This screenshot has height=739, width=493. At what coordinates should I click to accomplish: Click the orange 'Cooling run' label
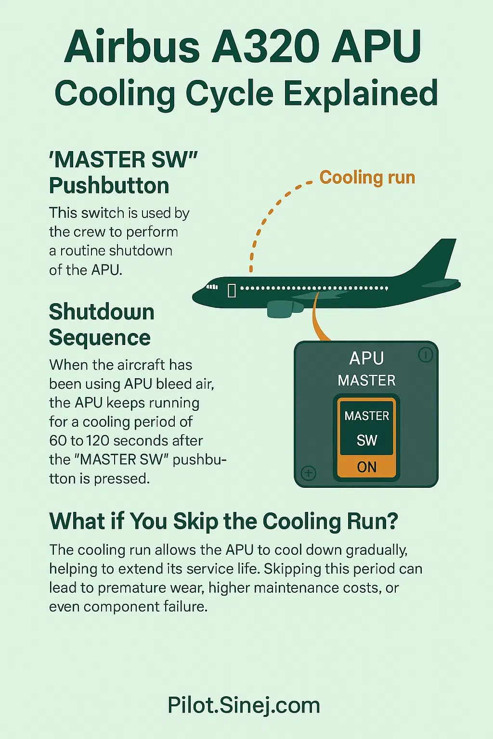pyautogui.click(x=367, y=178)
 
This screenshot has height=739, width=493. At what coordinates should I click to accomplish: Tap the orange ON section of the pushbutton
pyautogui.click(x=367, y=467)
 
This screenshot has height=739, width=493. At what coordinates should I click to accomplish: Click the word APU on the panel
pyautogui.click(x=366, y=358)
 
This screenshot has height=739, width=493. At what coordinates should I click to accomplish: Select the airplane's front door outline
pyautogui.click(x=232, y=290)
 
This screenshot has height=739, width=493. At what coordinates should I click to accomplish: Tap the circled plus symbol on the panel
pyautogui.click(x=309, y=473)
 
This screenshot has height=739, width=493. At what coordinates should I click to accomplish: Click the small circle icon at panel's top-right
pyautogui.click(x=426, y=355)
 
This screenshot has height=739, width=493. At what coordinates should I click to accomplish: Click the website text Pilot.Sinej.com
pyautogui.click(x=244, y=705)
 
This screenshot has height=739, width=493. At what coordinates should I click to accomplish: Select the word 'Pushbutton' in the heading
pyautogui.click(x=109, y=186)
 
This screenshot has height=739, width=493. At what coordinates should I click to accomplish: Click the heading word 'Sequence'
pyautogui.click(x=100, y=338)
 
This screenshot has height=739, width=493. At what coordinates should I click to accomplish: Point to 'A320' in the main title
pyautogui.click(x=267, y=47)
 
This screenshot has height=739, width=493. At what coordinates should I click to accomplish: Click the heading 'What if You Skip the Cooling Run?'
pyautogui.click(x=223, y=522)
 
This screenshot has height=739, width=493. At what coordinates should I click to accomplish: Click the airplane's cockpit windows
pyautogui.click(x=212, y=287)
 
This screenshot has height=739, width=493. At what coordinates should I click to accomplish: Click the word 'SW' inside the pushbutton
pyautogui.click(x=367, y=440)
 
